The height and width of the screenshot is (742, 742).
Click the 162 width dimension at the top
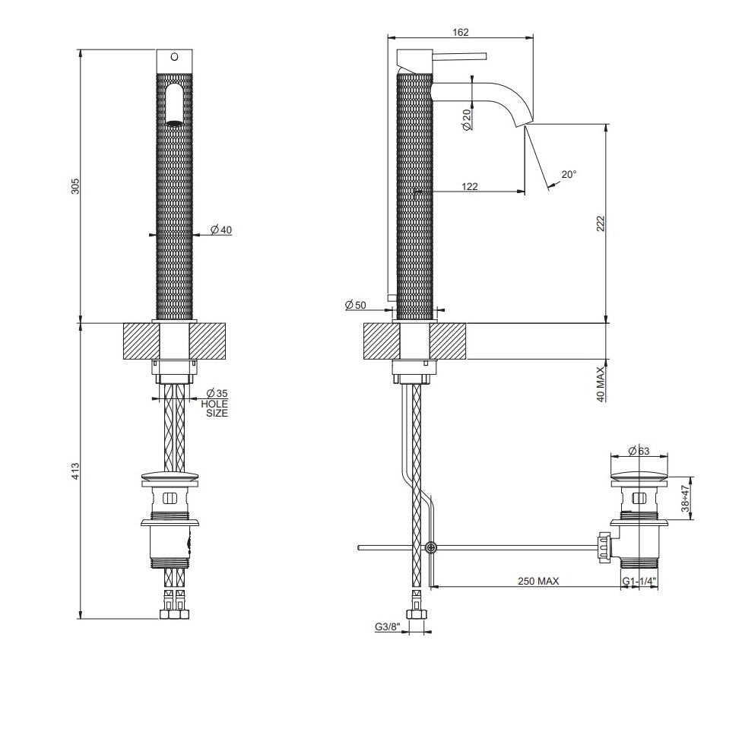(460, 32)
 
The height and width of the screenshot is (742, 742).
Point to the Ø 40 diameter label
(221, 230)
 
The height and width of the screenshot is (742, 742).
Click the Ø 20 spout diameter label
(467, 119)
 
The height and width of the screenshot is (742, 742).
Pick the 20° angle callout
(569, 175)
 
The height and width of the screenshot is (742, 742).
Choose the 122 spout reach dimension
(469, 187)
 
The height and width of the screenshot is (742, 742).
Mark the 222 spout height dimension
(601, 224)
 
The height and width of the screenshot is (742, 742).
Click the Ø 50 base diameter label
(355, 305)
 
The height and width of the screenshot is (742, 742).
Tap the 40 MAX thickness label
(601, 384)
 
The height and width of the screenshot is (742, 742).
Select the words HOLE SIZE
(214, 409)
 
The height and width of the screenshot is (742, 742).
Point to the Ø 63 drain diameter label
(639, 452)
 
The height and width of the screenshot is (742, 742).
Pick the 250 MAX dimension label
(538, 581)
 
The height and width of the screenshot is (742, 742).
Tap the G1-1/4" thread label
(639, 581)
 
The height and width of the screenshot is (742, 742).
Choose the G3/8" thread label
(388, 627)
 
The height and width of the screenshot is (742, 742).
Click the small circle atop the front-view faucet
(174, 57)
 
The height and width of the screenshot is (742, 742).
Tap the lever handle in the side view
(460, 56)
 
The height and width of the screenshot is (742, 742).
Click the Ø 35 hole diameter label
(217, 393)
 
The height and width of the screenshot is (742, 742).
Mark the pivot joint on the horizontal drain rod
(430, 547)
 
